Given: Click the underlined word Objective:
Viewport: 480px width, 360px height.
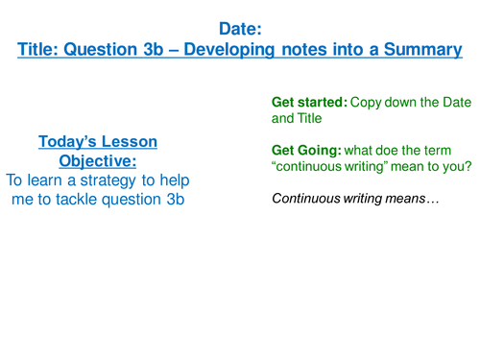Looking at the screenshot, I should coord(98,160).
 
